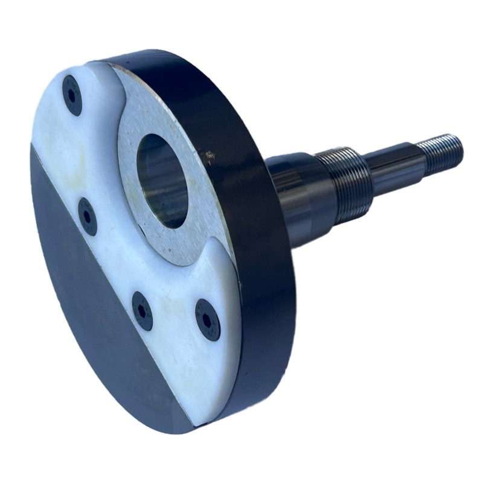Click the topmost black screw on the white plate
coord(72,95)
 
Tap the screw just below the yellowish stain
coord(88,216)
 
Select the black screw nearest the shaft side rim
coord(208,319)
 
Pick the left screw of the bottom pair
coord(142,310)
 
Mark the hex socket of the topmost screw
coord(72,95)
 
